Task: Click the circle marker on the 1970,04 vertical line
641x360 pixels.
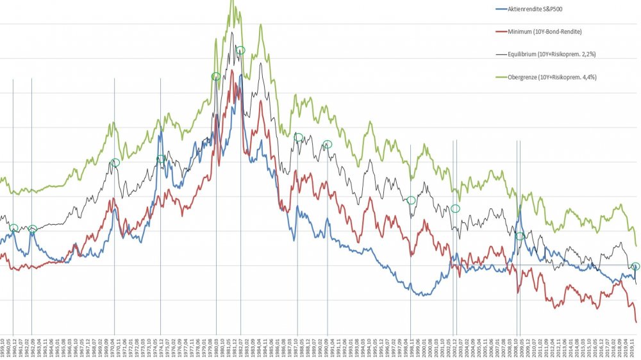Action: coord(115,163)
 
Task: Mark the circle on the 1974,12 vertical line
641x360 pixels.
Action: coord(161,159)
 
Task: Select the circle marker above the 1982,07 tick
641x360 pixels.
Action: coord(240,51)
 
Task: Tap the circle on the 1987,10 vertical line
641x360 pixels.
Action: coord(298,137)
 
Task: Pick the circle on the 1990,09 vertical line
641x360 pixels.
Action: coord(327,144)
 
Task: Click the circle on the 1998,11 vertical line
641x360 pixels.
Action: coord(411,200)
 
